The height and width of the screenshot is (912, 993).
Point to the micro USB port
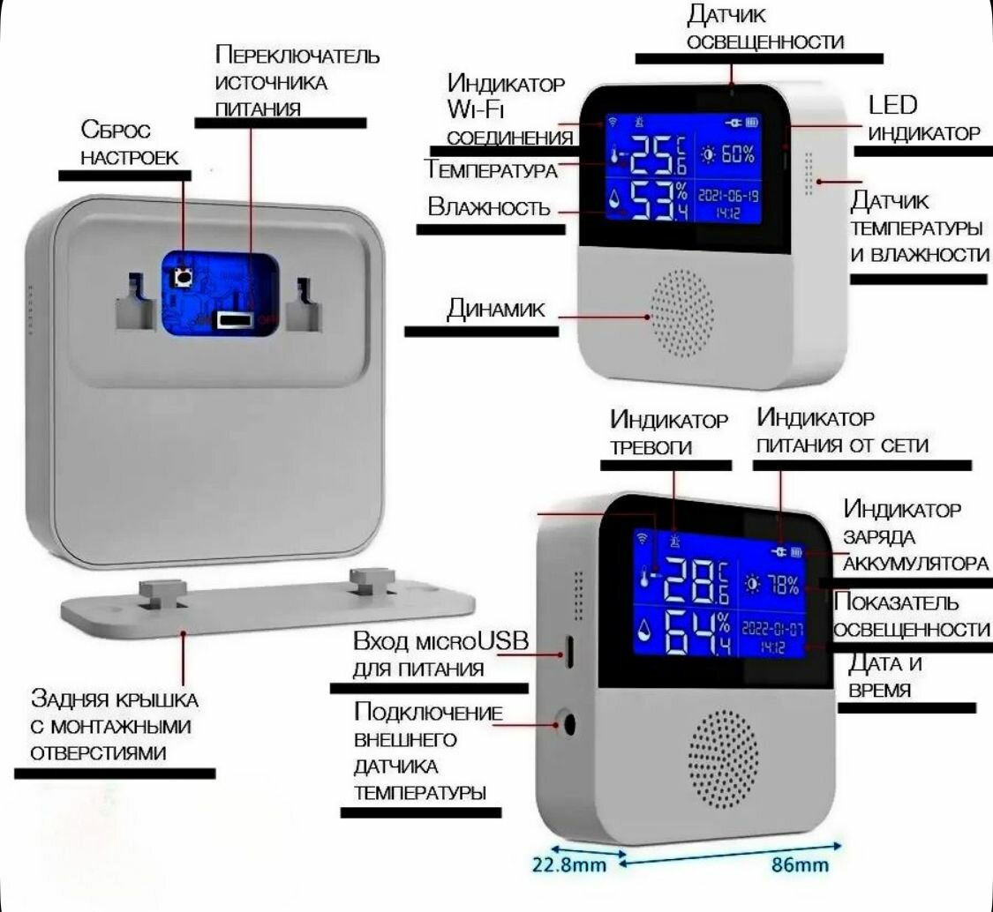[x=569, y=653]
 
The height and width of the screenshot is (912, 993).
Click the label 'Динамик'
[x=495, y=309]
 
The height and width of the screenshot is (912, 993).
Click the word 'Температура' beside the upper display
[x=491, y=169]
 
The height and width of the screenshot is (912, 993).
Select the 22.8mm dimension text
[x=569, y=864]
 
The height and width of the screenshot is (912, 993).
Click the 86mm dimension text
[x=801, y=864]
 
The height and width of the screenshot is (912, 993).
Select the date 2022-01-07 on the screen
[x=772, y=630]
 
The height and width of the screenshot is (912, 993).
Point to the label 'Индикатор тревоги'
[x=669, y=432]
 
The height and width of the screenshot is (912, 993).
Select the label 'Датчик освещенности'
[x=764, y=27]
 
